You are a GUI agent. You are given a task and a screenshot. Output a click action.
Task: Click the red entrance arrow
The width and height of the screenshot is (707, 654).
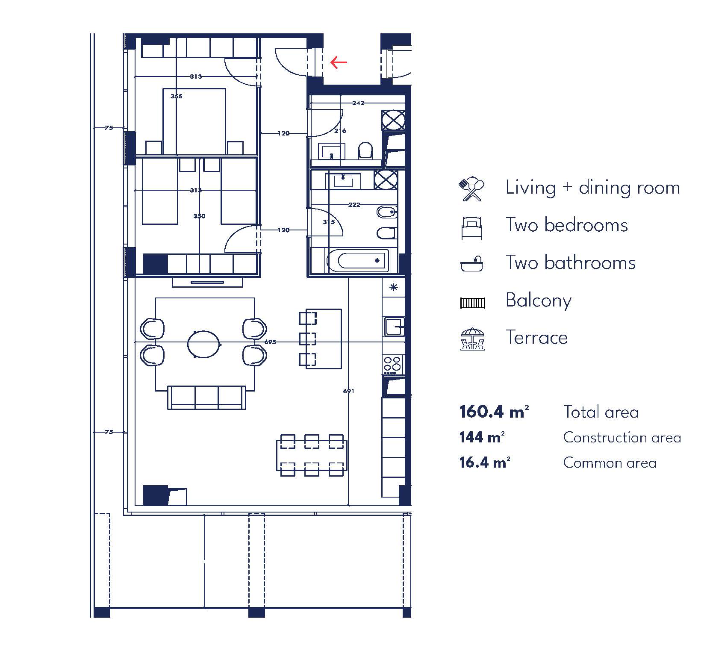(x=339, y=63)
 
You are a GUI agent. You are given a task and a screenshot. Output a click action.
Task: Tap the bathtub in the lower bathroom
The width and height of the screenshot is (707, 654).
(x=358, y=260)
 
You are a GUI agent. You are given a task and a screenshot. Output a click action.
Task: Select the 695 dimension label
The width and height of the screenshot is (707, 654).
(x=270, y=342)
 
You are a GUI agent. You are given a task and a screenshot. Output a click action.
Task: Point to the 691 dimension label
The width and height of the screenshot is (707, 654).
(x=348, y=391)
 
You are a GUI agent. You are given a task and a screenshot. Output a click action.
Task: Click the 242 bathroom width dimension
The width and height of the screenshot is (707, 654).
(x=358, y=103)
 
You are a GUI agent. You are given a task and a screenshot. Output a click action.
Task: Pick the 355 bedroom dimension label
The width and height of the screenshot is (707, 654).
(x=176, y=96)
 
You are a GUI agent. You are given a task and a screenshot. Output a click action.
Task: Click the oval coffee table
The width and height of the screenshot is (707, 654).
(x=204, y=344)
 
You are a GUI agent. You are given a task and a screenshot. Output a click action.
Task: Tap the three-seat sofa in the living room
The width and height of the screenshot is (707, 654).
(x=206, y=398)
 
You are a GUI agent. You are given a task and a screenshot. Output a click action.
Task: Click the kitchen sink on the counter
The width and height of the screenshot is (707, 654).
(x=394, y=327)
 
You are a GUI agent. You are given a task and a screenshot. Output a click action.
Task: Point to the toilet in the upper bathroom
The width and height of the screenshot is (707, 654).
(x=365, y=150)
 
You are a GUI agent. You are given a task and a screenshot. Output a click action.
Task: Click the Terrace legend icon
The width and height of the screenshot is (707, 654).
(x=472, y=339)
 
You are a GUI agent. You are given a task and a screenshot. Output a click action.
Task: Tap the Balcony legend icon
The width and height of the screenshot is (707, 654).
(x=472, y=303)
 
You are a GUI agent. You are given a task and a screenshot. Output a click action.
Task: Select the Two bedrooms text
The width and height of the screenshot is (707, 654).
(x=567, y=225)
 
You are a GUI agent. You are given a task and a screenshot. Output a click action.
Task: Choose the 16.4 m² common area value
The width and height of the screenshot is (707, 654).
(x=485, y=463)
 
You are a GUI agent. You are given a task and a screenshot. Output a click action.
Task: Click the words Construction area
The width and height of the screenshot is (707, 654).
(x=622, y=437)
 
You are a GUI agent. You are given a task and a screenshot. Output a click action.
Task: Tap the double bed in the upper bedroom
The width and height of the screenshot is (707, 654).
(x=194, y=121)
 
